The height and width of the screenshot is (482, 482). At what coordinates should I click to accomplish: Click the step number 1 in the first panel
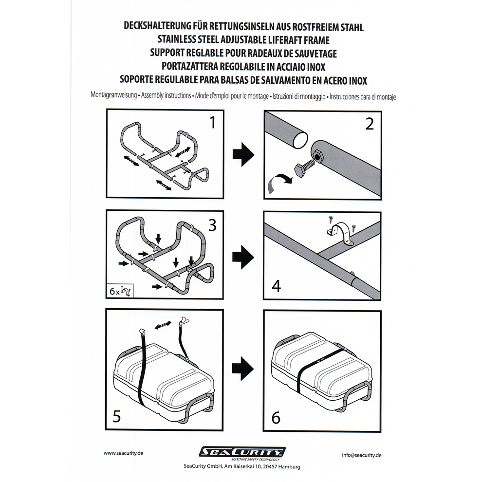pyautogui.click(x=212, y=124)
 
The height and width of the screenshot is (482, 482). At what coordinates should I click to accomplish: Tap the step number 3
pyautogui.click(x=212, y=225)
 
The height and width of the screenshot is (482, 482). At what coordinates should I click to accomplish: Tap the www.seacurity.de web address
pyautogui.click(x=124, y=453)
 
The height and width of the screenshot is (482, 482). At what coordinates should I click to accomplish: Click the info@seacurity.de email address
pyautogui.click(x=361, y=455)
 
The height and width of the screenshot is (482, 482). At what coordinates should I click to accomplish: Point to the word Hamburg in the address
pyautogui.click(x=289, y=466)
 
